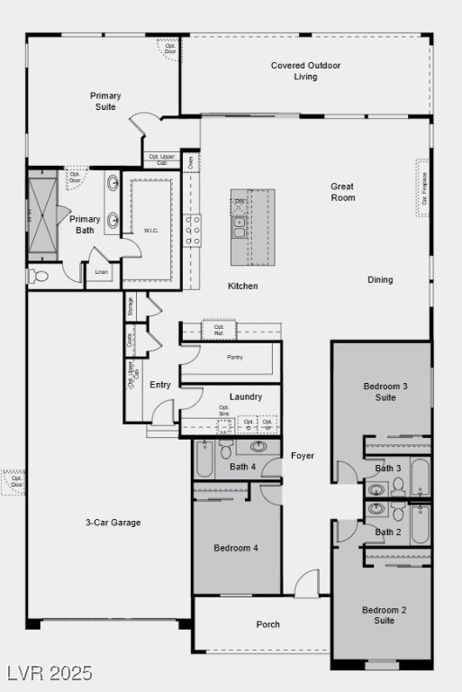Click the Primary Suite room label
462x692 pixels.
(105, 101)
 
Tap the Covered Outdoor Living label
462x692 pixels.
(305, 71)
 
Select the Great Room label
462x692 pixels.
(342, 192)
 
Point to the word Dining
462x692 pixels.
(380, 279)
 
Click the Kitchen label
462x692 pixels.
(242, 287)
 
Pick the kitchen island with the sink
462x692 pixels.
(252, 227)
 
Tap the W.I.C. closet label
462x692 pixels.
(151, 231)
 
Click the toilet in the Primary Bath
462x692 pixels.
(38, 277)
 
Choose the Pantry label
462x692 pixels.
(235, 357)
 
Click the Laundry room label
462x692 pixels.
(246, 396)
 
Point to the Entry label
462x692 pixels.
(160, 385)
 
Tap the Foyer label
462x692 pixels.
(303, 456)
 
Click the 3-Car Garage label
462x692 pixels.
(113, 523)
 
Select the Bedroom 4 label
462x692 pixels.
(236, 548)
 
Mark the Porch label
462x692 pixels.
(267, 624)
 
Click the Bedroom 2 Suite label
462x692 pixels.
(385, 615)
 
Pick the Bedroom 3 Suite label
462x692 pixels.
(385, 392)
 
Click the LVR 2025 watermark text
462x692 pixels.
(50, 673)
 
